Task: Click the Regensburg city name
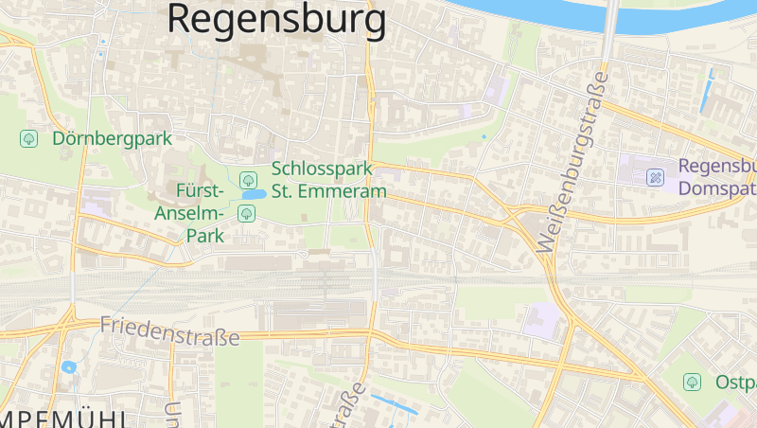276,19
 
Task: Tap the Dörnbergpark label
113,138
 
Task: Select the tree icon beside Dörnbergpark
29,138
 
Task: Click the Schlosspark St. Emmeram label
329,180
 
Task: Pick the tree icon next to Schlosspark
248,179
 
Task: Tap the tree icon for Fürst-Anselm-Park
247,212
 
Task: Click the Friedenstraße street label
169,330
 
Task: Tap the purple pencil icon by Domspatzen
655,177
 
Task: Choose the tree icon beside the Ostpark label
692,382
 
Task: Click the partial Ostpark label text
736,383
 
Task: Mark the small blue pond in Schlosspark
254,195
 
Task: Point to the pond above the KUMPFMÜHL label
68,367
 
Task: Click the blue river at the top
530,11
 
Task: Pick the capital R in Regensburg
183,19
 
